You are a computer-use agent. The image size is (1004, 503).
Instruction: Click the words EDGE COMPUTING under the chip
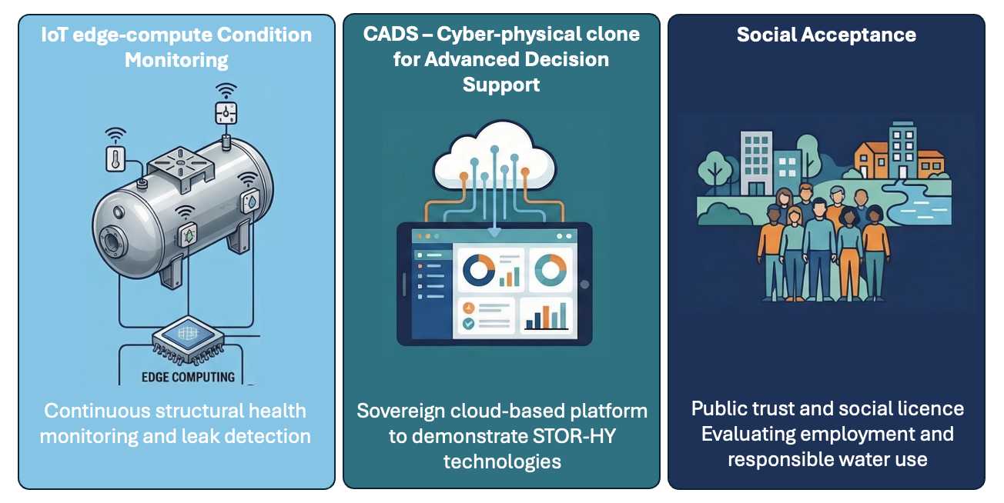[x=187, y=377]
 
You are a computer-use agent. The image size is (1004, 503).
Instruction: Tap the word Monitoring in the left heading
[x=177, y=59]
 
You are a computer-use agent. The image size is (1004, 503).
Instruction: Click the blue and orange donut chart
[x=480, y=268]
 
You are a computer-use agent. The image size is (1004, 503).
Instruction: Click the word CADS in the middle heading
[x=386, y=35]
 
